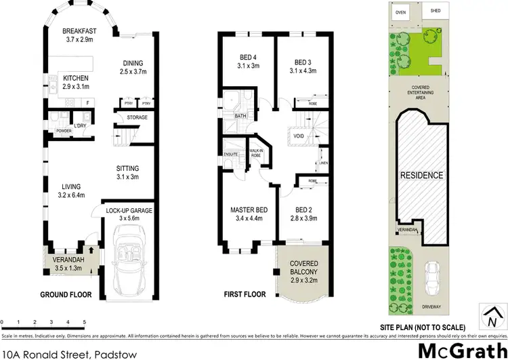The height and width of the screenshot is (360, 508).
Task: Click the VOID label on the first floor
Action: coord(298,136)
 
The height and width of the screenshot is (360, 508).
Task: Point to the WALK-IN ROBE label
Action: coord(256,153)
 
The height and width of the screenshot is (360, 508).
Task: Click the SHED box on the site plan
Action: coord(431,12)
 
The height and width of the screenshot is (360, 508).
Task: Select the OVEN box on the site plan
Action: coord(401,12)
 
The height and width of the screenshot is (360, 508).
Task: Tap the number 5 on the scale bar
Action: coord(84,321)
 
